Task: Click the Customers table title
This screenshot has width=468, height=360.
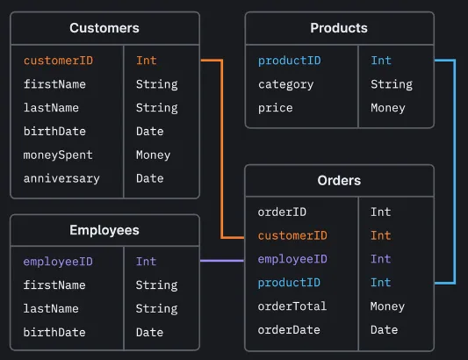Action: tap(104, 28)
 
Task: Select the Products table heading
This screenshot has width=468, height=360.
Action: tap(339, 28)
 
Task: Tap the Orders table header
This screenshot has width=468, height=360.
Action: tap(339, 180)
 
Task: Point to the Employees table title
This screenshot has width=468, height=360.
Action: tap(104, 230)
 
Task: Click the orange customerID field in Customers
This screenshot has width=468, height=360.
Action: tap(58, 61)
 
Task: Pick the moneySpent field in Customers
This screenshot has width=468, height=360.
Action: tap(58, 155)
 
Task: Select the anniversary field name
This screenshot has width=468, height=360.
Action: tap(61, 178)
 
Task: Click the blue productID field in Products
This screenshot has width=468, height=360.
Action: tap(289, 61)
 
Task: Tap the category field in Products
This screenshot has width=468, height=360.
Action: tap(285, 84)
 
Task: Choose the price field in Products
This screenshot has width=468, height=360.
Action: tap(275, 108)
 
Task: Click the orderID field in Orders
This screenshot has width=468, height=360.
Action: tap(282, 212)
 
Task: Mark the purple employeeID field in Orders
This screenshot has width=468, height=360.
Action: tap(292, 259)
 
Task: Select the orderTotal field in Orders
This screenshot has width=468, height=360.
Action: tap(292, 306)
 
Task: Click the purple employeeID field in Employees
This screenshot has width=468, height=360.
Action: tap(58, 262)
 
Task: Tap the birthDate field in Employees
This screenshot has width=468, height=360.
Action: tap(54, 333)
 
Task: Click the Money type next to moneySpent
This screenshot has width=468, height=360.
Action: tap(153, 155)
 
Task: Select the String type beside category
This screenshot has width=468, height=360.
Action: tap(391, 84)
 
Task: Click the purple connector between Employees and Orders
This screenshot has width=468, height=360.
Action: tap(221, 261)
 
